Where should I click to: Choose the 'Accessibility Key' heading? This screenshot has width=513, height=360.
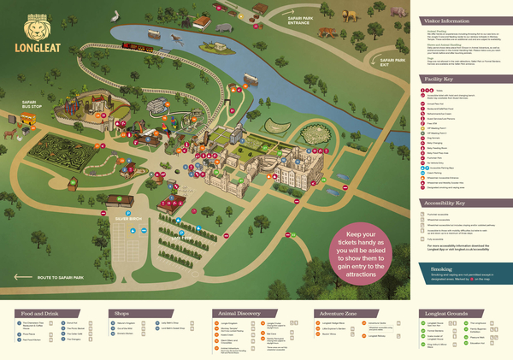pyautogui.click(x=441, y=204)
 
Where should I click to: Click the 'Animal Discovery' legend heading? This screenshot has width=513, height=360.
pyautogui.click(x=238, y=312)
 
